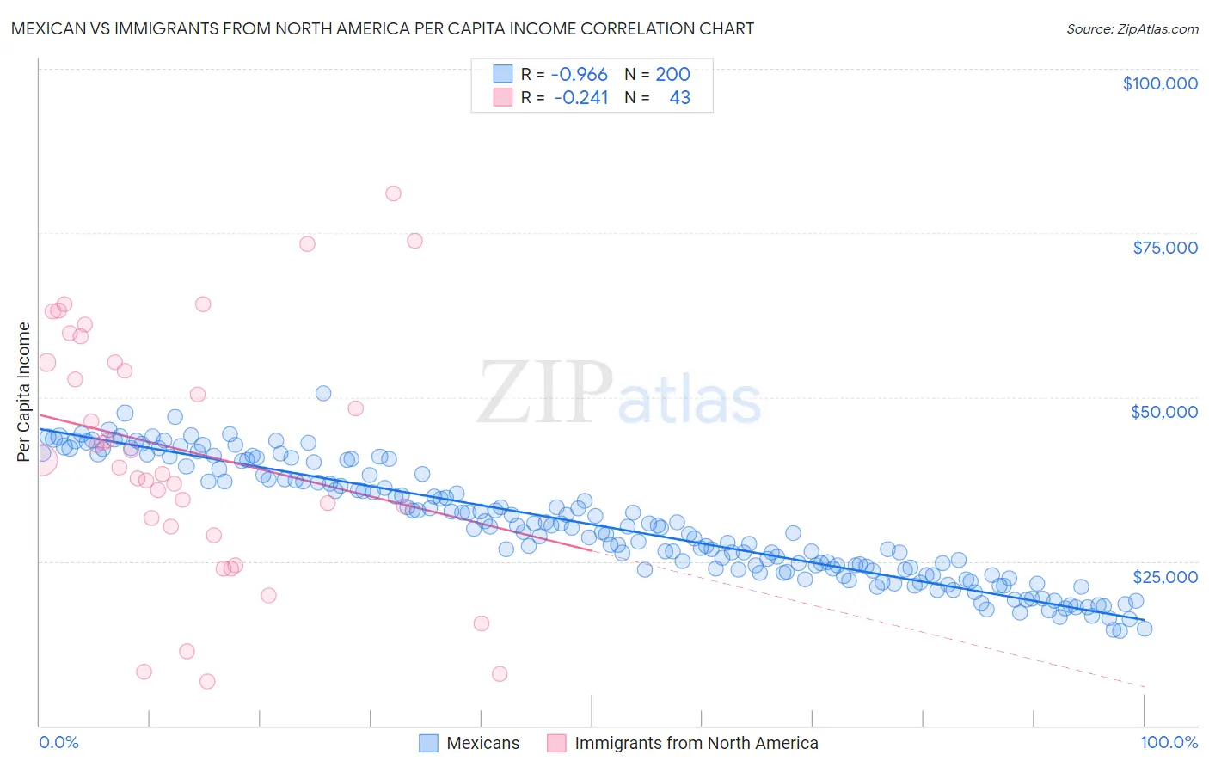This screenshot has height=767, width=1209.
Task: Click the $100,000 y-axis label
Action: point(1159,83)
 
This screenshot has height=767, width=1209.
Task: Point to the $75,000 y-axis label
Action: point(1164,248)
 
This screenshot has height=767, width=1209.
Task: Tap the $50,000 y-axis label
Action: point(1163,412)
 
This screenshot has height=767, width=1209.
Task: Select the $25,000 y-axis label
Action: point(1164,577)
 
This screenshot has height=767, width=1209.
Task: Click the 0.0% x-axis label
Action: point(58,742)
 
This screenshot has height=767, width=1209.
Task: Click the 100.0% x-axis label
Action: point(1169,742)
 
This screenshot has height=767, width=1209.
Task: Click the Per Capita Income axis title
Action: point(24,391)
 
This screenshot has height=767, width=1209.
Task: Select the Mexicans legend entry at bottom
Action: point(482,743)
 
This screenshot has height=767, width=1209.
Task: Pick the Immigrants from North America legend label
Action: point(696,743)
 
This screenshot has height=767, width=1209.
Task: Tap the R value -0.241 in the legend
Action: point(580,97)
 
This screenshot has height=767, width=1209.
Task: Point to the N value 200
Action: point(672,74)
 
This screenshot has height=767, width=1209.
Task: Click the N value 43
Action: point(679,97)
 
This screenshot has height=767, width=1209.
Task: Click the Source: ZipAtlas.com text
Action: point(1132,28)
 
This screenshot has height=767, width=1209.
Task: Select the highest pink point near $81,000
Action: point(393,193)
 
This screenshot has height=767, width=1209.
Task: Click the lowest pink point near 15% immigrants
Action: point(207,681)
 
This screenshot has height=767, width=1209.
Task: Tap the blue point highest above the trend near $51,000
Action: point(323,393)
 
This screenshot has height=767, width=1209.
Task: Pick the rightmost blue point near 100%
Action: point(1145,629)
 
